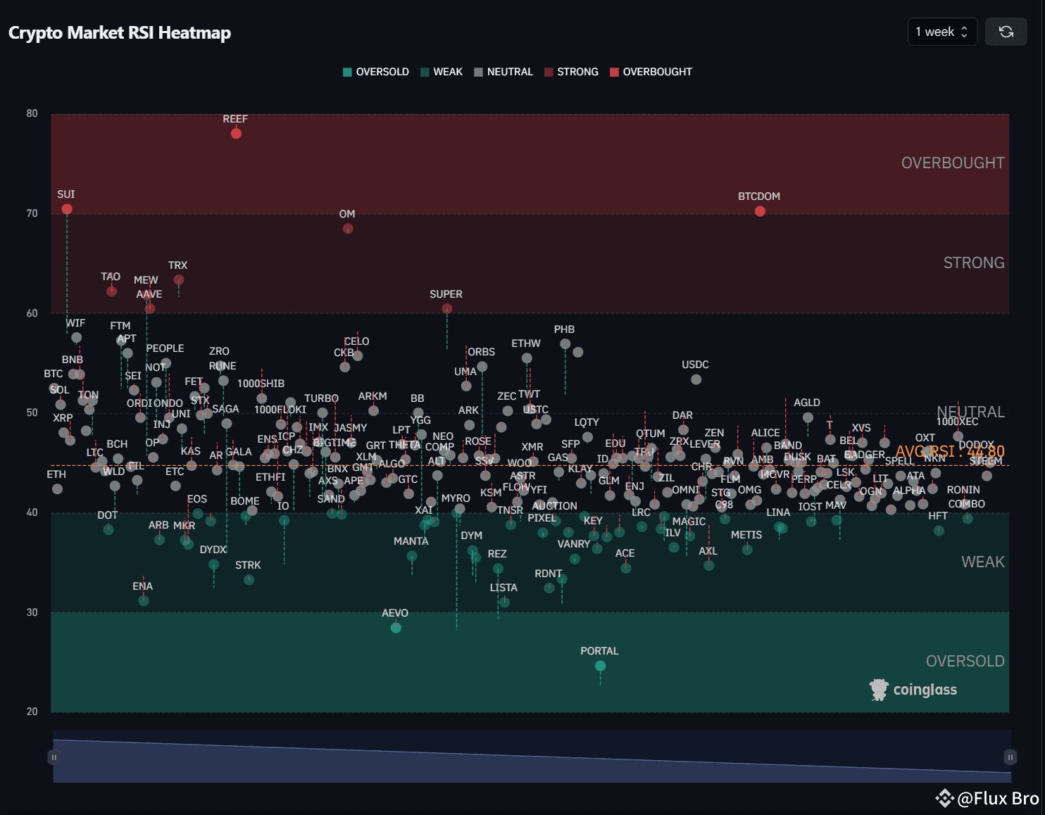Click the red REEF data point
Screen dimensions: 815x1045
click(x=236, y=134)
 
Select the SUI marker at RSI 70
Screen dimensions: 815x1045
click(x=67, y=209)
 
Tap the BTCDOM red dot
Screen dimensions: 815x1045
click(x=760, y=211)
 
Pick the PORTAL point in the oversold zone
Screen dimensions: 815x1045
click(x=600, y=666)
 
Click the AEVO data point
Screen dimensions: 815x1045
click(x=396, y=628)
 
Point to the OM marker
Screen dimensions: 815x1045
click(x=348, y=229)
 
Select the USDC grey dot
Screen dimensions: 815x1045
click(x=696, y=379)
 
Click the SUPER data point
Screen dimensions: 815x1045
click(x=447, y=309)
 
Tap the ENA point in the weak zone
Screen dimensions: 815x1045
click(x=144, y=601)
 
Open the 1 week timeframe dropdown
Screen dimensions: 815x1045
click(x=941, y=32)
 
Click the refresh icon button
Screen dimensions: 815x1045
click(x=1006, y=32)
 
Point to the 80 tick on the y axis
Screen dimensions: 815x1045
click(x=32, y=113)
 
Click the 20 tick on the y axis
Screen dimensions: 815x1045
click(x=32, y=712)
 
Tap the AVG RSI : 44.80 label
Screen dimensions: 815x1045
click(x=949, y=451)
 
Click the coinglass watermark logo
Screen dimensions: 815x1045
click(x=913, y=690)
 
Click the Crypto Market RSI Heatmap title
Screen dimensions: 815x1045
click(x=120, y=33)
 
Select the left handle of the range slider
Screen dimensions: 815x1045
click(x=54, y=757)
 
